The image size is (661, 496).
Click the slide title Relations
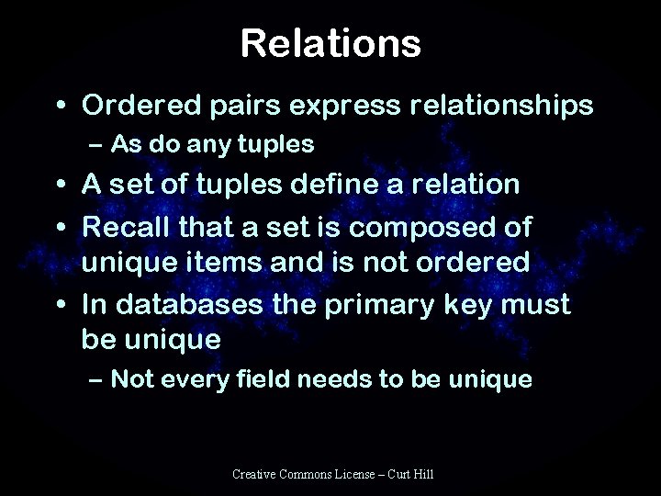(330, 42)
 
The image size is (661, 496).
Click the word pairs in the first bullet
(238, 107)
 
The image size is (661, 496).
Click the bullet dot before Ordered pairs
(62, 107)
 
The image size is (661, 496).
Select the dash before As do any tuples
(97, 145)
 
